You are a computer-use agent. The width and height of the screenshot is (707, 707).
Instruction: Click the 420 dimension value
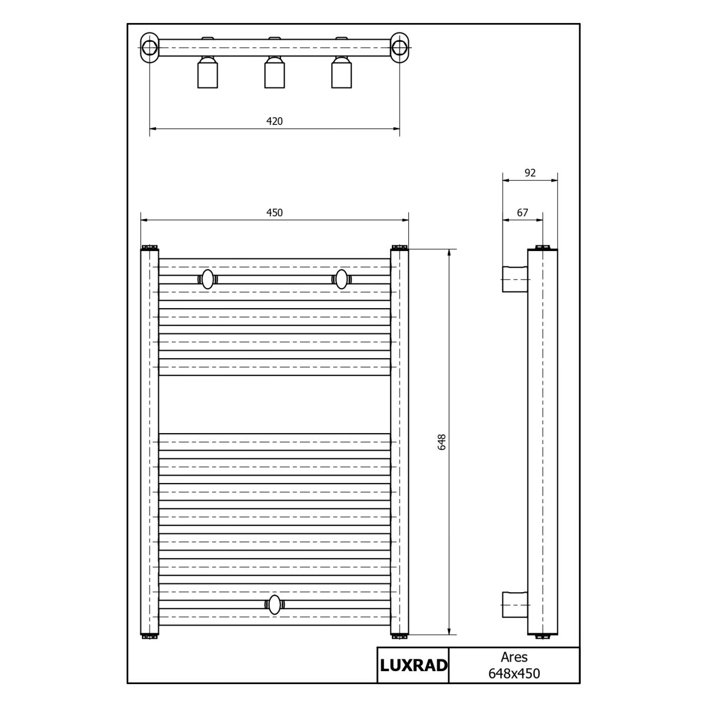click(275, 121)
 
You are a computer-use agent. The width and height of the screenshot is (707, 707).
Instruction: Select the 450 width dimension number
click(275, 213)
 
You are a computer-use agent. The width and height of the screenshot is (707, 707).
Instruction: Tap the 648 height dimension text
click(442, 442)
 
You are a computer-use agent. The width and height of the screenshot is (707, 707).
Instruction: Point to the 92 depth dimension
click(530, 173)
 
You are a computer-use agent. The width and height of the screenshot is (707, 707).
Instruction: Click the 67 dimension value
click(523, 213)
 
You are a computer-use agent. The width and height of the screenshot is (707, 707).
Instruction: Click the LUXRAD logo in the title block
click(414, 666)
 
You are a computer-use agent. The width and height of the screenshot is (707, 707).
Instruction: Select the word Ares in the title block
click(514, 657)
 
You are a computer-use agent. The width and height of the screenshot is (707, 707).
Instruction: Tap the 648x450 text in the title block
click(514, 673)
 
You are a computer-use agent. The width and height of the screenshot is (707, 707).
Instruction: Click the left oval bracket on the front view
click(207, 279)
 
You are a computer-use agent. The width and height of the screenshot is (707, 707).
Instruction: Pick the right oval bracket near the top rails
click(341, 279)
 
